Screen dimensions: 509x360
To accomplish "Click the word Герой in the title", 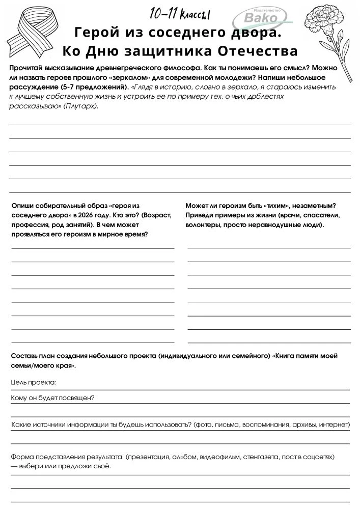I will click(x=94, y=34).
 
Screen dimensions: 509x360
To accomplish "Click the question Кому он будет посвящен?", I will click(x=53, y=398).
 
